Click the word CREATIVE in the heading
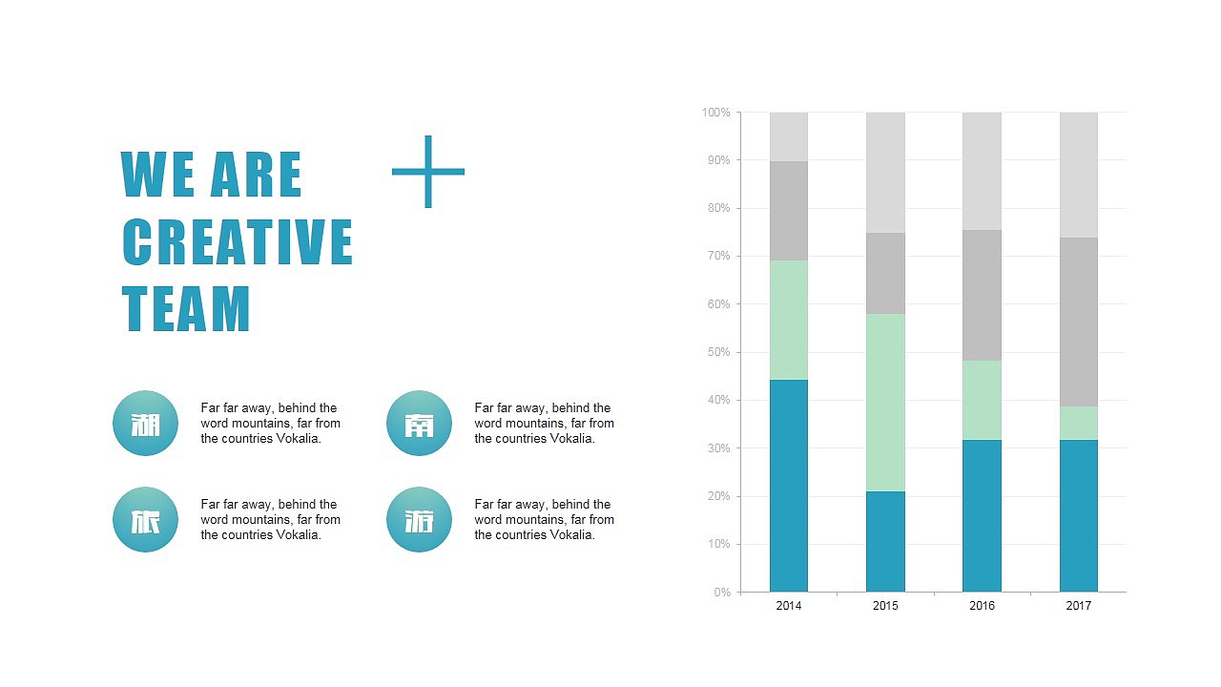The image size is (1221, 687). tap(238, 241)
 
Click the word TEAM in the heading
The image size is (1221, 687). tap(186, 308)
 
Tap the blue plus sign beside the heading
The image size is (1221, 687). tap(428, 172)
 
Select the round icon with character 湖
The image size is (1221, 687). tap(146, 424)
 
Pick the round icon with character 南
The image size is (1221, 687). tap(420, 424)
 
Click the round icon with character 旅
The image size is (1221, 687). tap(146, 520)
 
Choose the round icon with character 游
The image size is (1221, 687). tap(420, 520)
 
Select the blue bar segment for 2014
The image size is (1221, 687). tap(789, 486)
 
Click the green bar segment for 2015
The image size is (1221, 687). tap(885, 403)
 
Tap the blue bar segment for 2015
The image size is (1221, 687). tap(885, 541)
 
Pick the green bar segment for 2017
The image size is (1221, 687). tap(1079, 423)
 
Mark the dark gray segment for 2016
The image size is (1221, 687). tap(982, 295)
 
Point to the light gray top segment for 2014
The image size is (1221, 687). tap(789, 136)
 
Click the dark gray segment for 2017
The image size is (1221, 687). tap(1079, 322)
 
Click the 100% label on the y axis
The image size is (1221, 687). tap(716, 113)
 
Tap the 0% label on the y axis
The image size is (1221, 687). tap(721, 593)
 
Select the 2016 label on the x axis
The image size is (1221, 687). tap(982, 606)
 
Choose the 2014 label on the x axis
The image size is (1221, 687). tap(789, 606)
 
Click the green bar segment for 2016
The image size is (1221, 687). tap(982, 400)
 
